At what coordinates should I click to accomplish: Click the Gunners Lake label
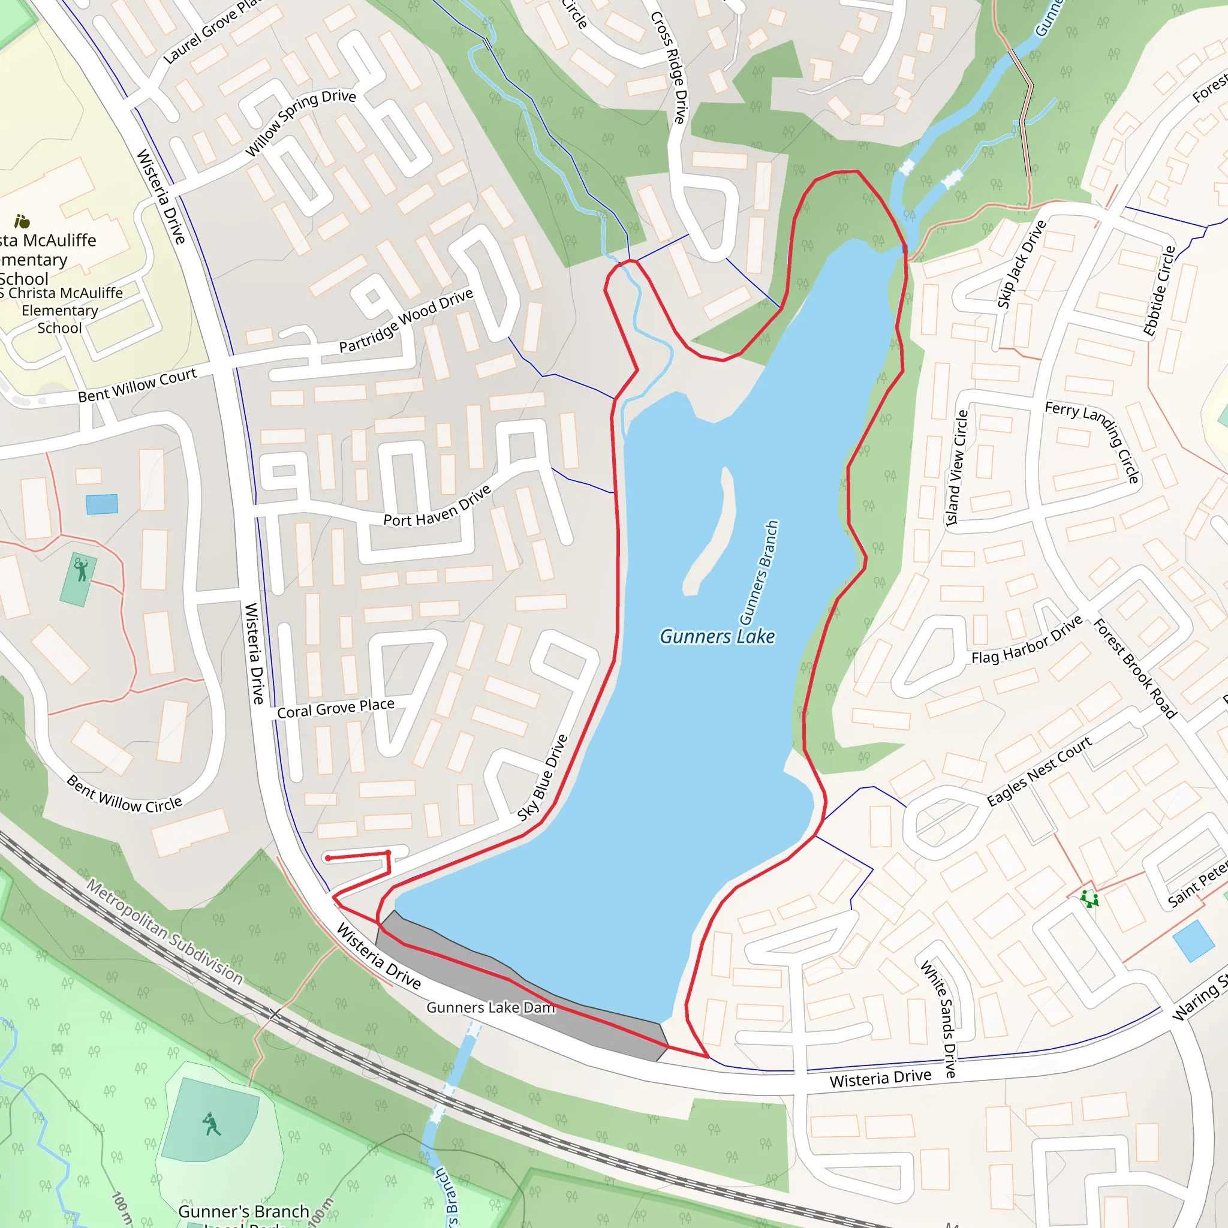[717, 636]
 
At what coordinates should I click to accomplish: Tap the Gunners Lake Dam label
[490, 1007]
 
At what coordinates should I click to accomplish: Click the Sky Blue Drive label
[542, 777]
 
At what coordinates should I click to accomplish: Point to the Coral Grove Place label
[336, 708]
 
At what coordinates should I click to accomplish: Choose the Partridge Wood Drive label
[406, 320]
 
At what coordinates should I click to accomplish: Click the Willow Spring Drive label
[300, 122]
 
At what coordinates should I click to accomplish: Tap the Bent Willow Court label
[137, 385]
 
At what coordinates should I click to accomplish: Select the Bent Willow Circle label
[125, 794]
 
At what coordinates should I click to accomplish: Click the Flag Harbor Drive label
[1027, 640]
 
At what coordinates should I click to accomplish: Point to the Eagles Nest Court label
[1039, 772]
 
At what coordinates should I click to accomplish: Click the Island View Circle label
[956, 468]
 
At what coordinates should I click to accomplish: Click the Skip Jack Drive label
[1021, 264]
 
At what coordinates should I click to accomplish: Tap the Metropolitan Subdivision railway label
[165, 932]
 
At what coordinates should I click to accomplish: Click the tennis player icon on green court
[81, 570]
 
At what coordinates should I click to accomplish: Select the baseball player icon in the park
[212, 1124]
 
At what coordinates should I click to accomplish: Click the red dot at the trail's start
[328, 858]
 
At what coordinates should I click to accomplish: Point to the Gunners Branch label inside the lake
[759, 572]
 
